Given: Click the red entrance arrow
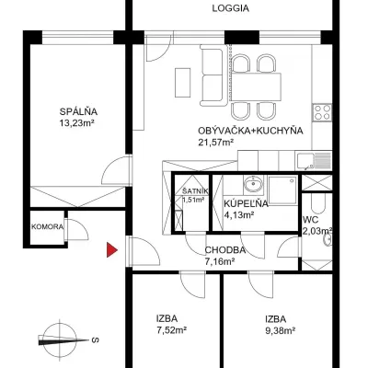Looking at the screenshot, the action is [x=111, y=250].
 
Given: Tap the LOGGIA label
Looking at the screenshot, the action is [x=231, y=8].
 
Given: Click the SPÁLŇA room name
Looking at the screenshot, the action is [x=78, y=111].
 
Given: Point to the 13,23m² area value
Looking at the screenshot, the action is [x=76, y=123].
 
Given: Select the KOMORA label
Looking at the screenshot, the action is [x=48, y=227].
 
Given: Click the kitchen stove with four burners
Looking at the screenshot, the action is [x=322, y=112].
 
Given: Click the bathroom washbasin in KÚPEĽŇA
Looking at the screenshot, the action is [x=253, y=184].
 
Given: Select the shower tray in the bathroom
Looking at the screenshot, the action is [x=282, y=190].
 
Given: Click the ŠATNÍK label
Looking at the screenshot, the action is [x=195, y=191].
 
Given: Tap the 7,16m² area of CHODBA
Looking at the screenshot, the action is [x=220, y=261].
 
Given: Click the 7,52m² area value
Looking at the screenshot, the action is [x=171, y=330].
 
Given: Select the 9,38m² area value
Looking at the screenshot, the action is [x=281, y=330].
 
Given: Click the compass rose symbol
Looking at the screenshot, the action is [x=60, y=339].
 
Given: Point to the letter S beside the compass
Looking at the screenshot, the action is [x=96, y=339].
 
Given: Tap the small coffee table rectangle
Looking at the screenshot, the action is [x=183, y=83].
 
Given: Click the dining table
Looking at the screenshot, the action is [x=257, y=86].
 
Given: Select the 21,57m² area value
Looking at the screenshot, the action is [x=216, y=142].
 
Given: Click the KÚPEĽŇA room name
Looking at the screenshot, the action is [x=246, y=203].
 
